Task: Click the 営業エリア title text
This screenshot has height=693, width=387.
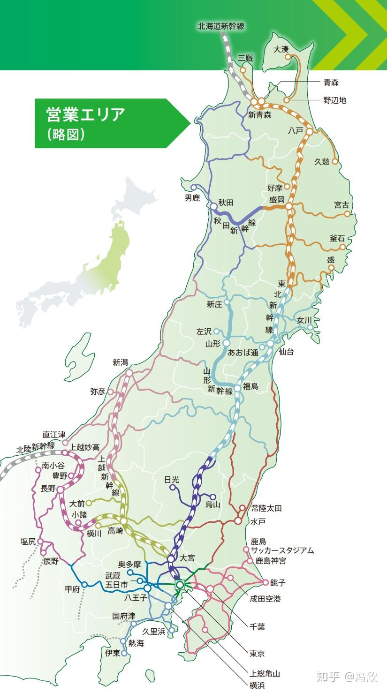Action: [x=86, y=114]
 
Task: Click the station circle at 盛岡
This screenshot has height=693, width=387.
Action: [x=289, y=206]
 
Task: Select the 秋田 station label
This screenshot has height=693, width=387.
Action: [x=225, y=203]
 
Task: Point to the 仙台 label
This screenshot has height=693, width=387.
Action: [x=286, y=352]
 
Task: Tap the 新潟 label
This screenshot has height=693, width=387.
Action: [x=120, y=362]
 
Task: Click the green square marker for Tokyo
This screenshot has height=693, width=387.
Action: [x=180, y=585]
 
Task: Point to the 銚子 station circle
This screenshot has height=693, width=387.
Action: [x=266, y=582]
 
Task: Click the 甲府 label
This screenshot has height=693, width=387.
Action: [x=72, y=589]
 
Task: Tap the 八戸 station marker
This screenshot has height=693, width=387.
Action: [x=309, y=132]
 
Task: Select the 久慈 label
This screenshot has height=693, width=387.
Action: [x=322, y=162]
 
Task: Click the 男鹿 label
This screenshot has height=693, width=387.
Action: [x=192, y=198]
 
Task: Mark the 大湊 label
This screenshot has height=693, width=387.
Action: [x=281, y=49]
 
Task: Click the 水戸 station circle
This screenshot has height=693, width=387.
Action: [x=238, y=520]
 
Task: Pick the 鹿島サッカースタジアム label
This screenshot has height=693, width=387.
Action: [x=282, y=550]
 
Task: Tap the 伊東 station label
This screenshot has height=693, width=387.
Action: [x=113, y=653]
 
